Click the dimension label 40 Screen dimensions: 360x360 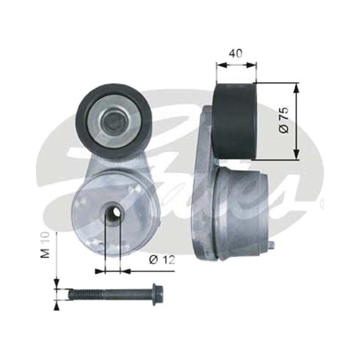236,53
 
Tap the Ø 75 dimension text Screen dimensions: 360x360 284,120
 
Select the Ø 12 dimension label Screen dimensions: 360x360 162,260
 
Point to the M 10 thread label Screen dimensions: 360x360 45,245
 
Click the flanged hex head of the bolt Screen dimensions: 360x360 158,295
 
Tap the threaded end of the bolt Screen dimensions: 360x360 86,294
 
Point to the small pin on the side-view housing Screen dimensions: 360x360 271,245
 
